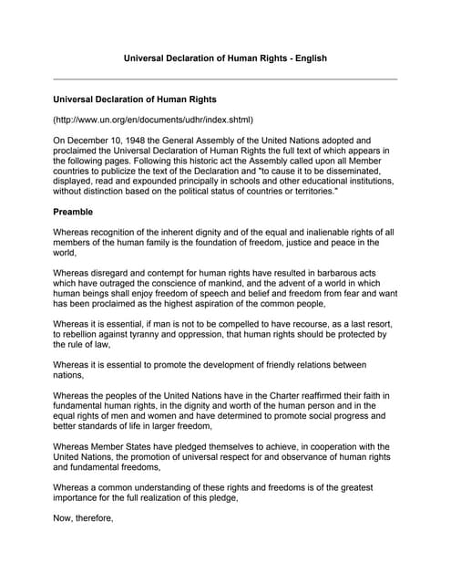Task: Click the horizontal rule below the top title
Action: coord(225,79)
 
